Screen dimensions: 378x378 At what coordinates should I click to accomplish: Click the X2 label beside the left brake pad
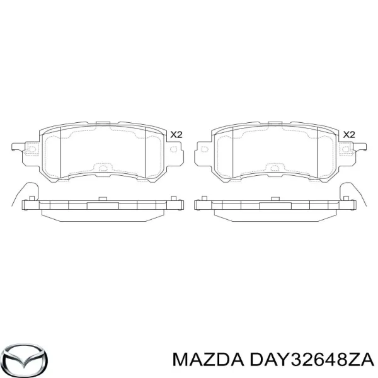click(x=176, y=135)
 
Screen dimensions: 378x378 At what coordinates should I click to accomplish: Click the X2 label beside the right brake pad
click(x=349, y=135)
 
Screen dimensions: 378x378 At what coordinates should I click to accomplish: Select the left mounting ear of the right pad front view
click(x=203, y=150)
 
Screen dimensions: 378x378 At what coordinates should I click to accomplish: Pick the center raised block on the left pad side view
click(x=100, y=205)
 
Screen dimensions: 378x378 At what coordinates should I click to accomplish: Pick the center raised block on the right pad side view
click(x=273, y=205)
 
